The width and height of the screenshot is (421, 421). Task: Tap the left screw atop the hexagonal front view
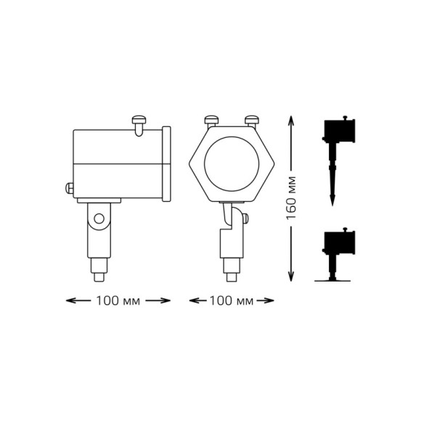point(213,120)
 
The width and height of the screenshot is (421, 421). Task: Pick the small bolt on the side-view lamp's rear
point(70,189)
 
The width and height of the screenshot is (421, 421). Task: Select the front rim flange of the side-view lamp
point(168,163)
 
